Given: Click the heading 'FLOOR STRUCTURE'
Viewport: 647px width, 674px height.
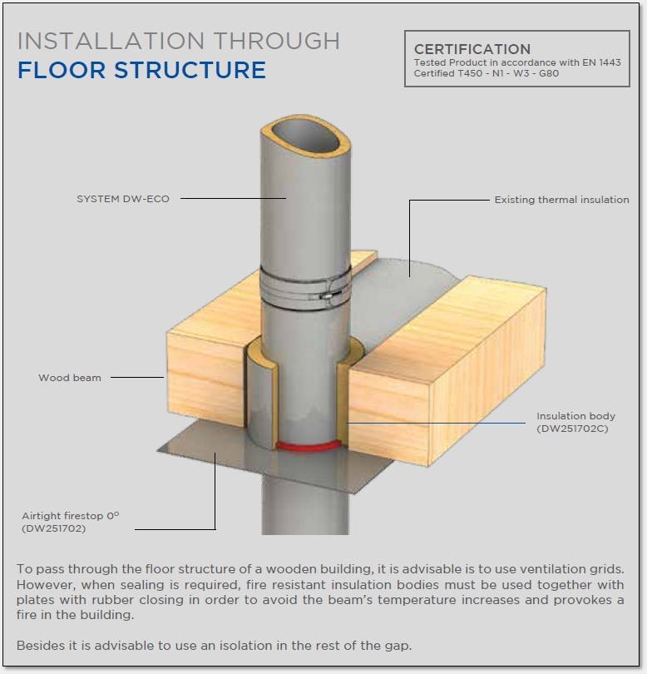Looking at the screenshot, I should pos(141,70).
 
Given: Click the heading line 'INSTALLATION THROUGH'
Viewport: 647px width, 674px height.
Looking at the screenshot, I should pos(178,41).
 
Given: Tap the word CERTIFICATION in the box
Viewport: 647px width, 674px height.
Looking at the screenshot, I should pos(472,50).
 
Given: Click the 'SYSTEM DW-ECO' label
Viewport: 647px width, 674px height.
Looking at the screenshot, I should pos(122,199).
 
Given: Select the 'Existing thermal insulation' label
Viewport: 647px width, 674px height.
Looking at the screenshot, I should pos(561,200).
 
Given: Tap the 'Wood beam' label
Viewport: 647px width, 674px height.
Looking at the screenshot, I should pos(70,378).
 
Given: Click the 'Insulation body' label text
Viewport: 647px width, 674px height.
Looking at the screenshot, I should pos(575,416).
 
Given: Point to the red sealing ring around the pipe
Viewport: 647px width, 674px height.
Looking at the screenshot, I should pos(308,447).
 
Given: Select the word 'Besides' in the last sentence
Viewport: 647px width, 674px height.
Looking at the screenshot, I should pos(39,645).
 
